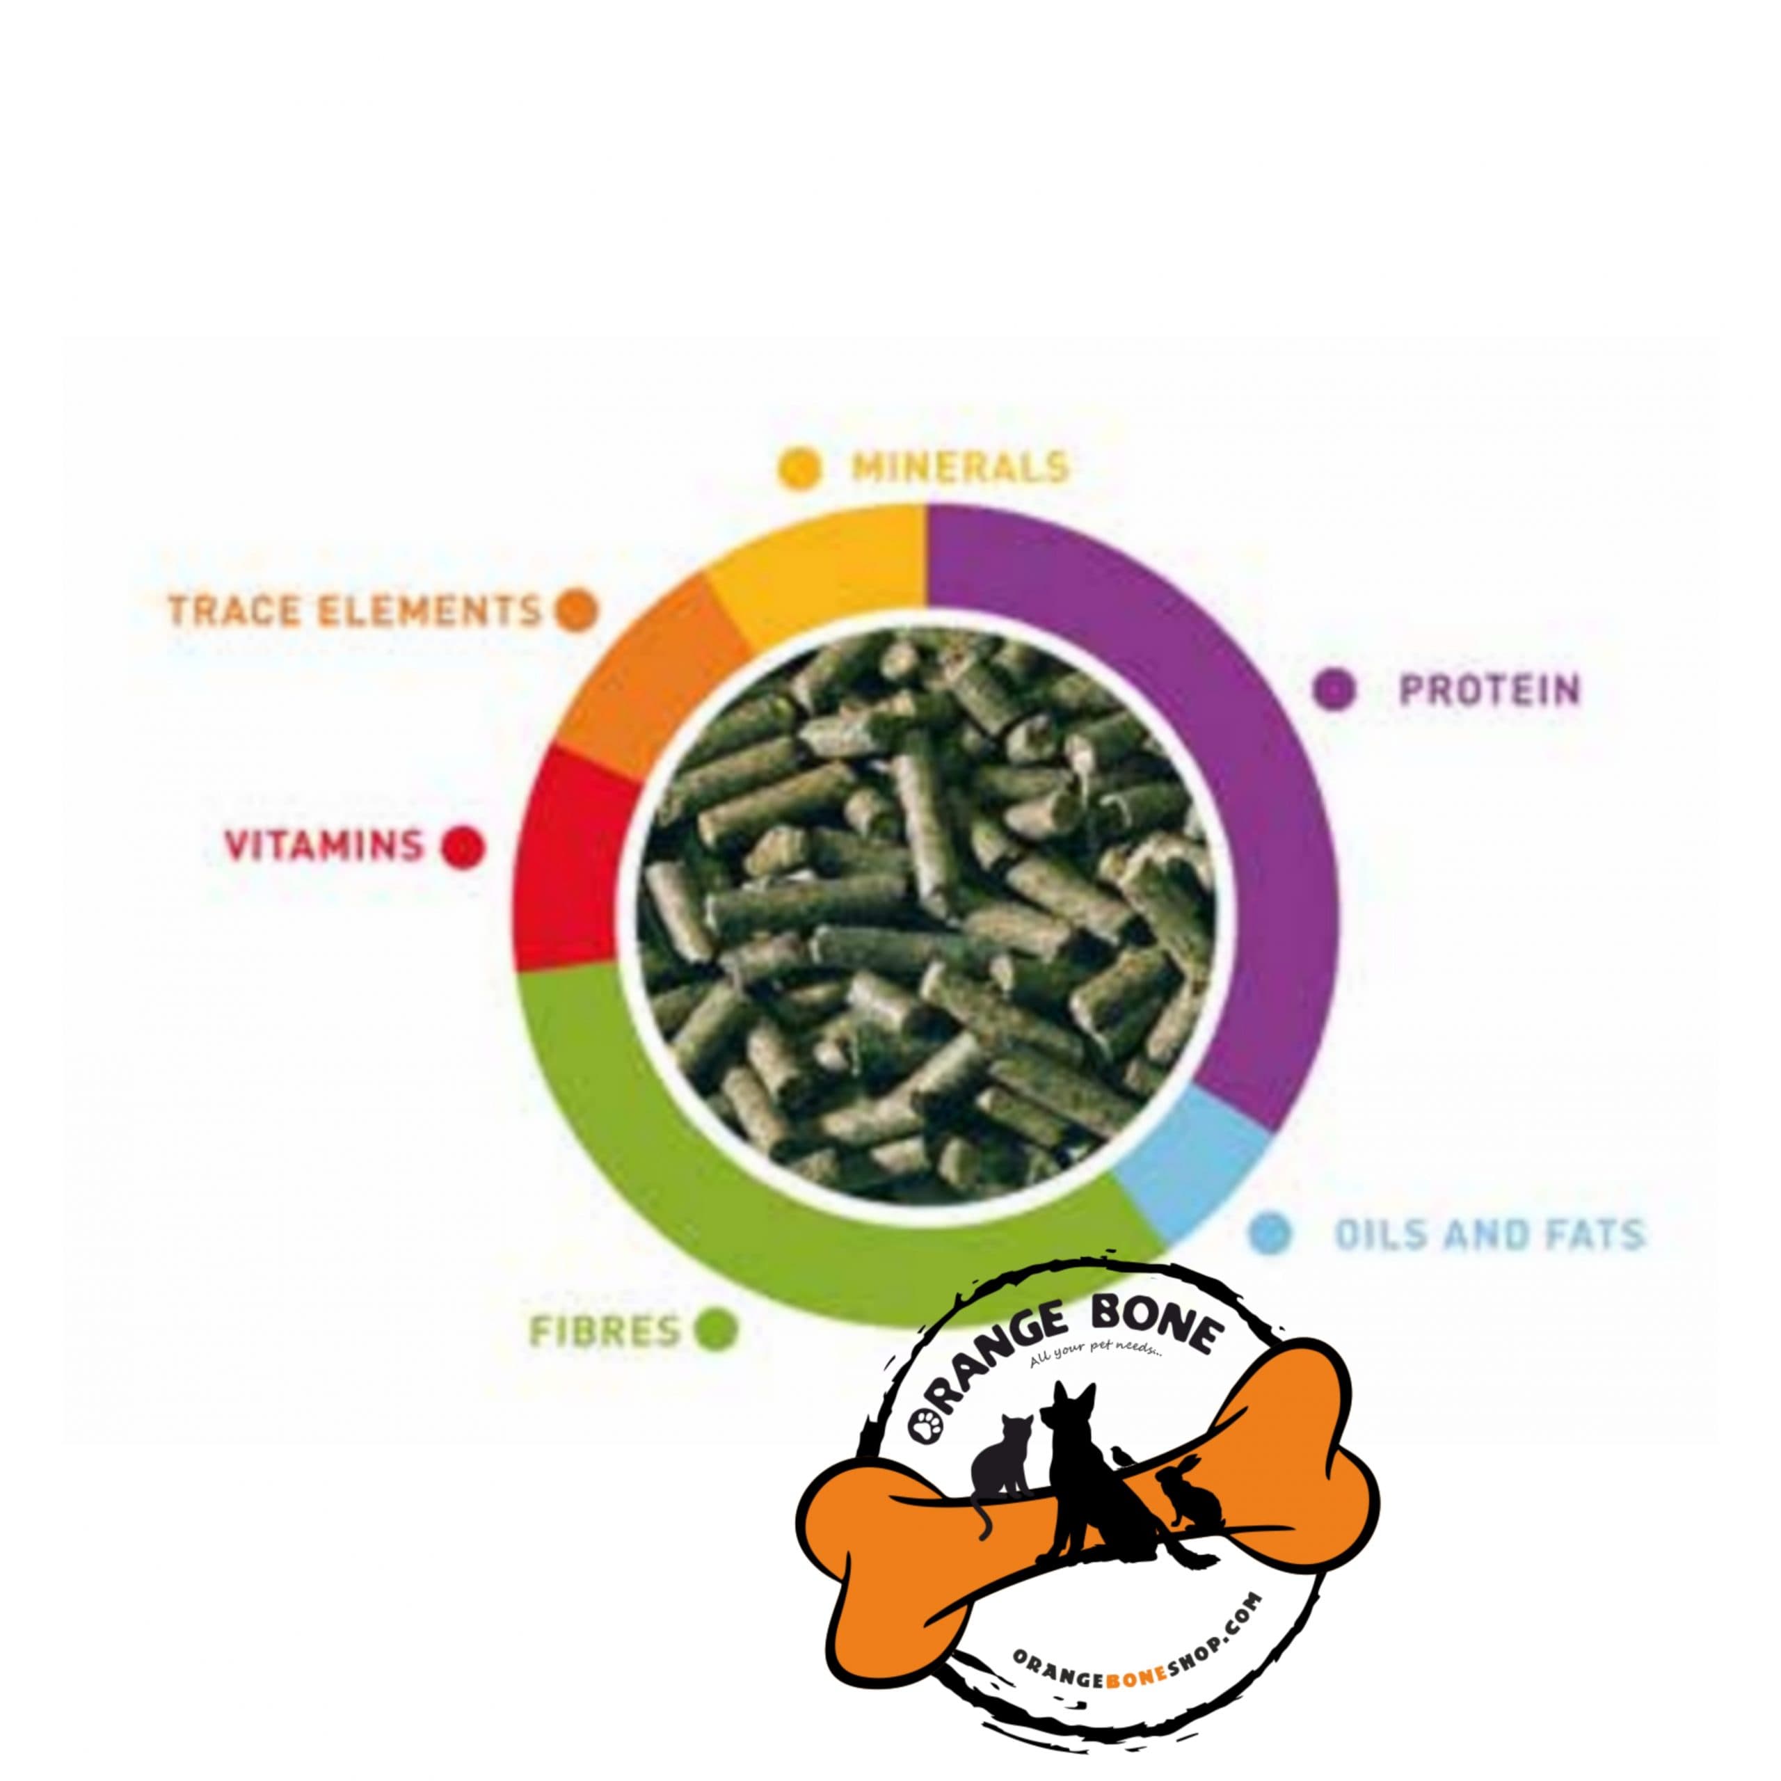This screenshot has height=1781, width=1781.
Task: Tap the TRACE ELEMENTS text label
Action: tap(355, 609)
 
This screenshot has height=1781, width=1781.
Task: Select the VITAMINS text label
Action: tap(324, 845)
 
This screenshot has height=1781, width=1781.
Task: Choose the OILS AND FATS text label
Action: tap(1490, 1234)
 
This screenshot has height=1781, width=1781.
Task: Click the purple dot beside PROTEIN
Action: tap(1335, 689)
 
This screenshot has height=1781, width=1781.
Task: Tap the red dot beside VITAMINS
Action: tap(462, 846)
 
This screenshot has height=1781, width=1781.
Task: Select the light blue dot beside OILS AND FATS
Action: tap(1271, 1233)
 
